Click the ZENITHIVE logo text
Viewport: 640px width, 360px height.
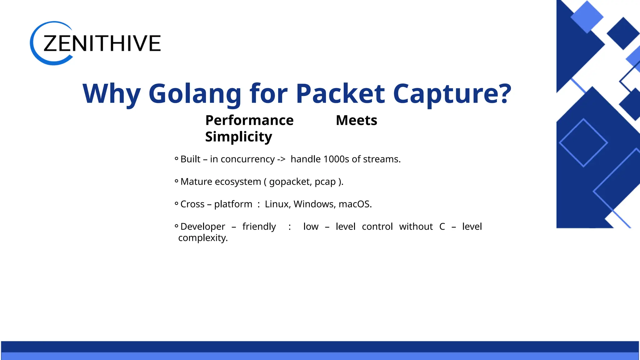(102, 43)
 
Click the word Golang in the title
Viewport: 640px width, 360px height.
(195, 94)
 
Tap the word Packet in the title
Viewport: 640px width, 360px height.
(340, 94)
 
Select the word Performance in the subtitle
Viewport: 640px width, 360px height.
(249, 121)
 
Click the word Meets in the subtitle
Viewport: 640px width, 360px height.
(356, 121)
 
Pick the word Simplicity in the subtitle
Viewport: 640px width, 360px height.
(238, 137)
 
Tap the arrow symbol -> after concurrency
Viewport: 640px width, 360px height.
(281, 159)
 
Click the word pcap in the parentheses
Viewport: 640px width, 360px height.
(325, 182)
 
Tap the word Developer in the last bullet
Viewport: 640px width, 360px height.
(202, 227)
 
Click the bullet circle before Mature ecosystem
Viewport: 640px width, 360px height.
(176, 181)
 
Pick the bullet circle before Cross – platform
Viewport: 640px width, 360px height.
(176, 203)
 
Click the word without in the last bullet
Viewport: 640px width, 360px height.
(416, 227)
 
